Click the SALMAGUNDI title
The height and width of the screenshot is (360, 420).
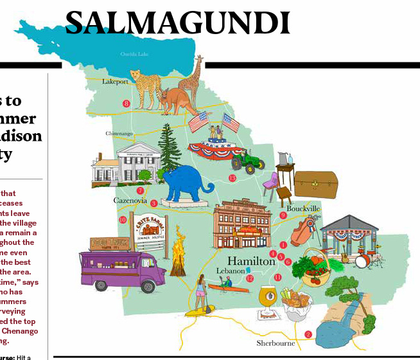click(x=177, y=24)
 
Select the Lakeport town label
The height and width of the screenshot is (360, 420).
click(x=115, y=82)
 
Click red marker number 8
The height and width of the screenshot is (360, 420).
click(x=126, y=104)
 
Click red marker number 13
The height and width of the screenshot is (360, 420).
click(x=232, y=178)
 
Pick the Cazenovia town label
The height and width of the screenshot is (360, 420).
click(x=130, y=201)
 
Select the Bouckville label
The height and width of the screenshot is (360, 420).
click(x=303, y=210)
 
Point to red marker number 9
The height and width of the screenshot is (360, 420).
click(x=283, y=215)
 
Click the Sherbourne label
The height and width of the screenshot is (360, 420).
click(x=276, y=343)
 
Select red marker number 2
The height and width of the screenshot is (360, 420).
click(x=308, y=334)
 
